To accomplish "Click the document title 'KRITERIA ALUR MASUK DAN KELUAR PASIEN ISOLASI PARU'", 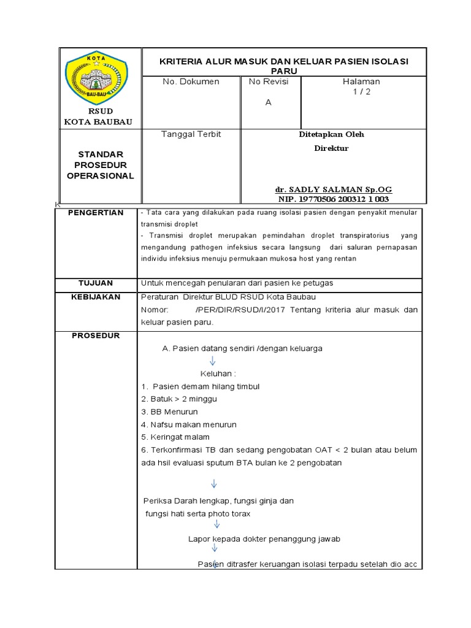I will tap(283, 66).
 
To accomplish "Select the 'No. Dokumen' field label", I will tap(191, 82).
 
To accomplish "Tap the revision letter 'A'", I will tap(268, 102).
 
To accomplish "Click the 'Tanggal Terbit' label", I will tap(191, 134).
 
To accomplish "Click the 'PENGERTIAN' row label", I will tap(98, 213).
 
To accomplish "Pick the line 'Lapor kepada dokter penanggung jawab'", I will tap(264, 538).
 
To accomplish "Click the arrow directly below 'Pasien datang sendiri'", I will tap(213, 361).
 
